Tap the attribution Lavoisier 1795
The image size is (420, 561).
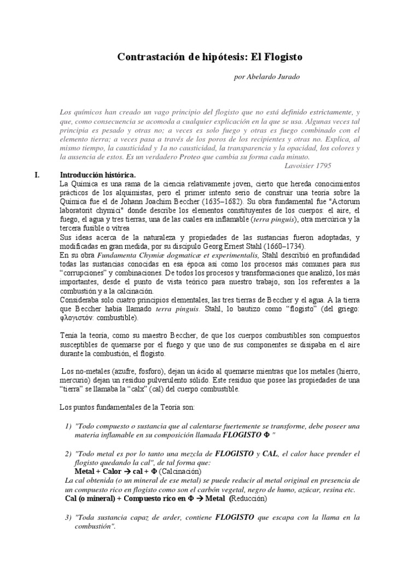point(308,165)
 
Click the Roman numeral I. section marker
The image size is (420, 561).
point(37,175)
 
